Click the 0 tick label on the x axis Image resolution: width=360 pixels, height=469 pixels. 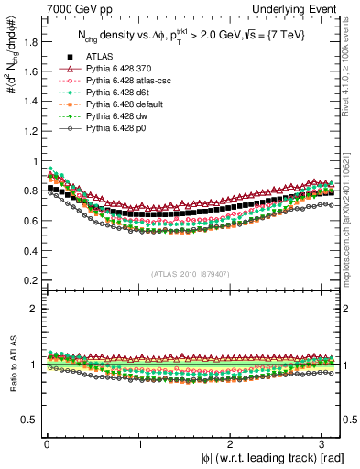(x=47, y=445)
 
